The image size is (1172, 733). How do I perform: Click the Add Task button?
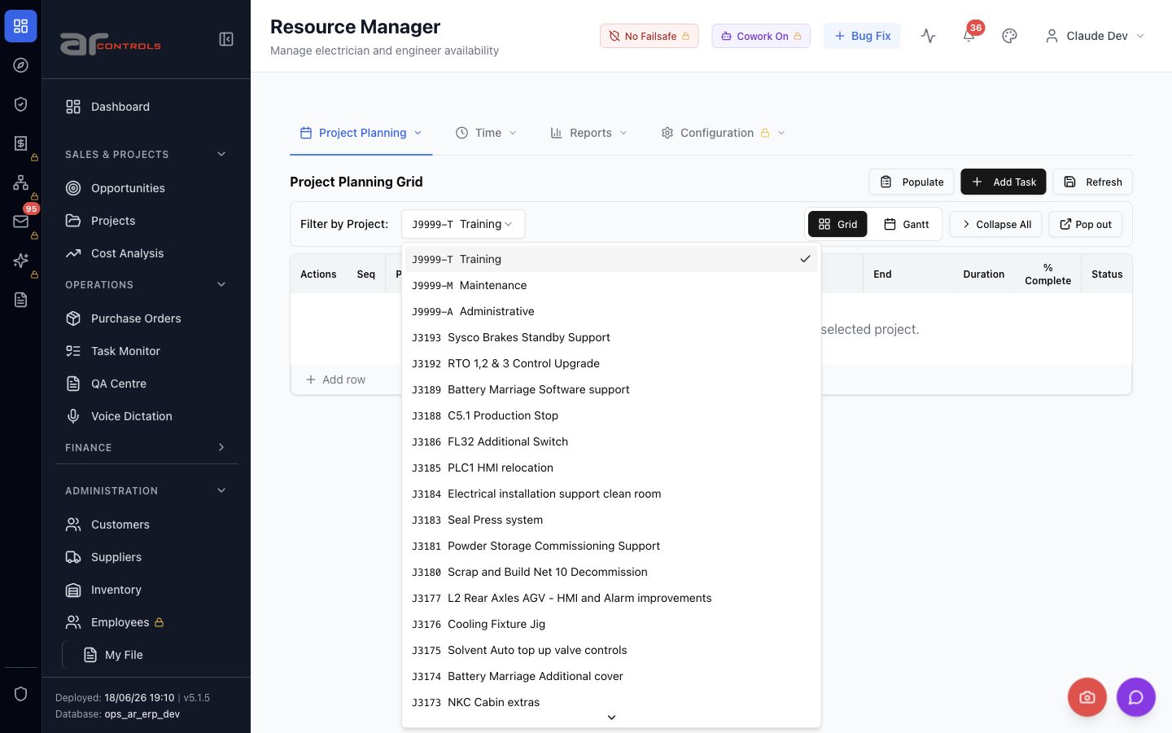point(1003,182)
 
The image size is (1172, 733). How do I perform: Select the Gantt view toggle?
point(906,224)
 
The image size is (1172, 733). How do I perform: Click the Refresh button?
point(1092,182)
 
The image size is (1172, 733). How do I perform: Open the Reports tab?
point(588,133)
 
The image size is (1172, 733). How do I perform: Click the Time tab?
point(486,133)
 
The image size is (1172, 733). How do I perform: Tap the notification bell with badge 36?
point(969,36)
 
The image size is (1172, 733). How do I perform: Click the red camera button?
point(1087,697)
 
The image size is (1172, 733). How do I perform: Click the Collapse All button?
point(995,224)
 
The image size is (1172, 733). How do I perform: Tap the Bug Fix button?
point(862,36)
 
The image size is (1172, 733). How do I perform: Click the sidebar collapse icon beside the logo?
point(226,39)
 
